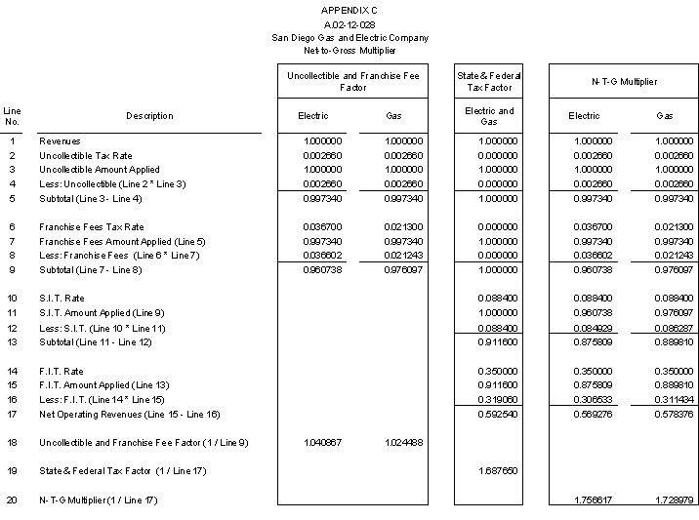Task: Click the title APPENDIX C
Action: pyautogui.click(x=349, y=10)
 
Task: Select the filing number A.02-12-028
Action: pyautogui.click(x=349, y=23)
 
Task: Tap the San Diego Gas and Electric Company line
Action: pyautogui.click(x=349, y=37)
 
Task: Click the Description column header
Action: pyautogui.click(x=149, y=116)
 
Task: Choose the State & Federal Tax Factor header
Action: pyautogui.click(x=489, y=82)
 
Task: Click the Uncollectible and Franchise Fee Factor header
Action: pyautogui.click(x=352, y=82)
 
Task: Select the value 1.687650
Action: pyautogui.click(x=498, y=471)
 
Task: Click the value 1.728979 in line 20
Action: pyautogui.click(x=675, y=500)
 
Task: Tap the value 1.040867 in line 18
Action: pyautogui.click(x=322, y=443)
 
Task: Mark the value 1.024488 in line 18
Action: pyautogui.click(x=403, y=443)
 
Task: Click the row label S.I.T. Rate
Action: pyautogui.click(x=62, y=299)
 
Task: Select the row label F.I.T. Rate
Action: pyautogui.click(x=62, y=371)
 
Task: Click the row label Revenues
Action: pyautogui.click(x=60, y=141)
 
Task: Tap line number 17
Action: pyautogui.click(x=13, y=415)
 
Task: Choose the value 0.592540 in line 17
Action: pyautogui.click(x=498, y=415)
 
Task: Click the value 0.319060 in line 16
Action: pyautogui.click(x=498, y=400)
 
